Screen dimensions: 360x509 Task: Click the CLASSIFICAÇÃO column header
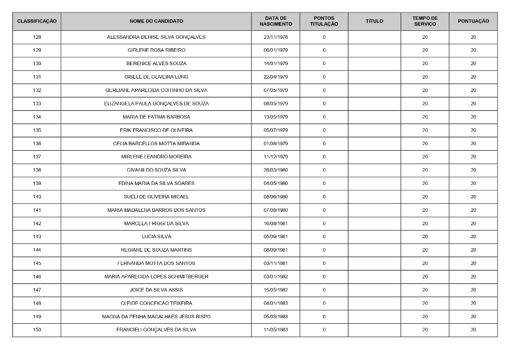coord(37,21)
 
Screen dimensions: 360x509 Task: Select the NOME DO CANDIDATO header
coord(156,21)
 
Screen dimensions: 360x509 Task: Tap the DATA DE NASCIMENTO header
coord(275,21)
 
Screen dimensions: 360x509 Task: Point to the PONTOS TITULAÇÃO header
coord(324,21)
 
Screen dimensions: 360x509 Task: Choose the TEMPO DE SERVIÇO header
coord(425,21)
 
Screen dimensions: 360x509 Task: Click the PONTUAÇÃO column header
coord(473,21)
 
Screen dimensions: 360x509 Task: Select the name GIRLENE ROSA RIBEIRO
coord(156,50)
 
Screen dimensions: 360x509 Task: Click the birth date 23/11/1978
coord(275,37)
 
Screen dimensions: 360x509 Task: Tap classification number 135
coord(37,130)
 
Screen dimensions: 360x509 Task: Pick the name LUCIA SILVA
coord(156,237)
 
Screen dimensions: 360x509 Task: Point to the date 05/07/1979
coord(275,130)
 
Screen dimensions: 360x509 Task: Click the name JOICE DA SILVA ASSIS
coord(156,290)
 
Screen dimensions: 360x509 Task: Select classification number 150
coord(37,330)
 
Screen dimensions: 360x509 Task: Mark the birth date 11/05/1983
coord(275,330)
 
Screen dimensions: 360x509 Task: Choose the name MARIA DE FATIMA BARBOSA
coord(156,117)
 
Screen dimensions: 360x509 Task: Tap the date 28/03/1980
coord(275,170)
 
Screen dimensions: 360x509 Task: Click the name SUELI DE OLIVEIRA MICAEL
coord(156,197)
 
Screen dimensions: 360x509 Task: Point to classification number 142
coord(37,223)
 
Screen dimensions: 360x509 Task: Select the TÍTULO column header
coord(374,21)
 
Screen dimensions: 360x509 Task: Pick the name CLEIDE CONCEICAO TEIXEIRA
coord(156,303)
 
